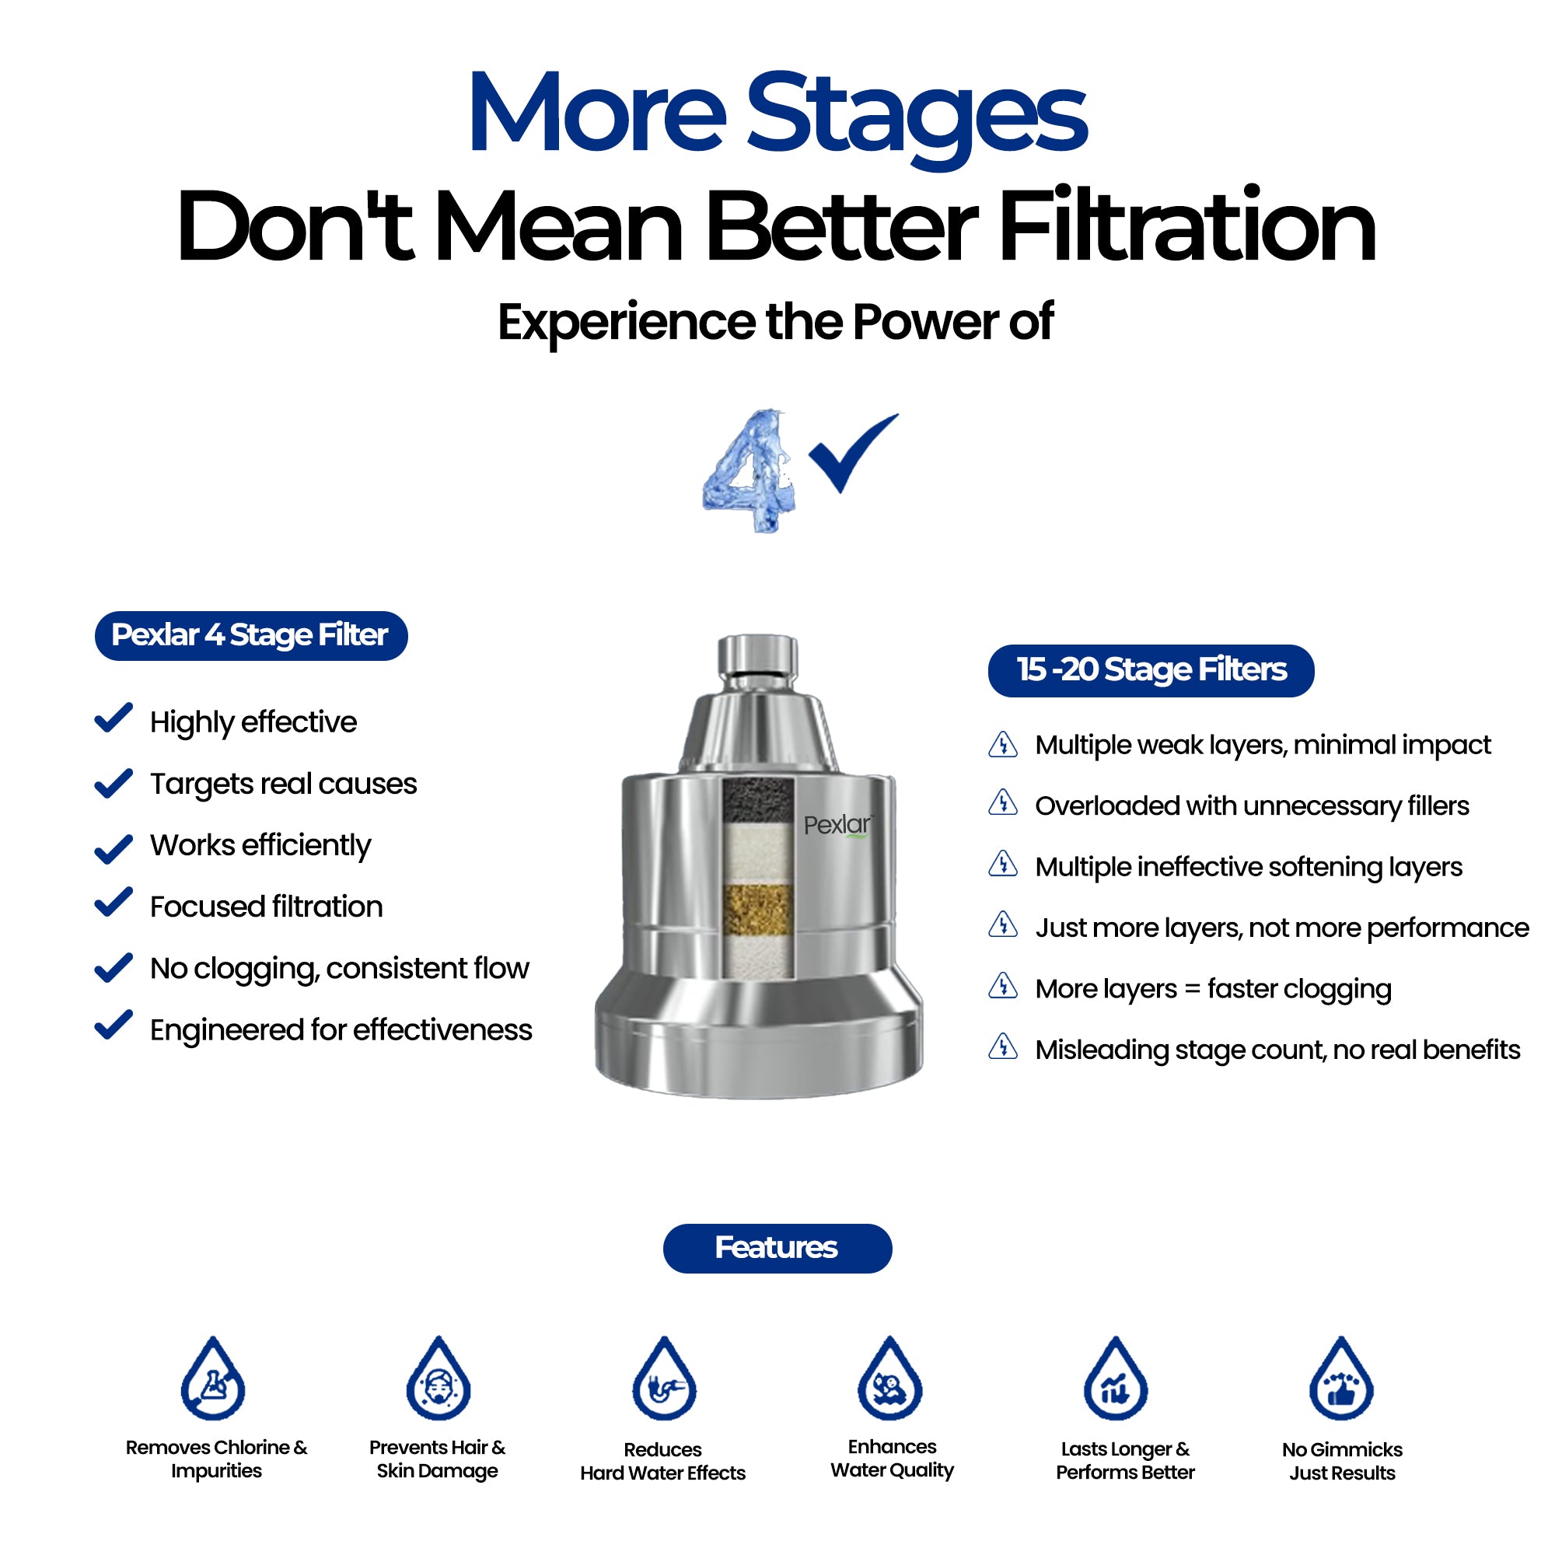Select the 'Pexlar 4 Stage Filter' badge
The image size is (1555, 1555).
click(251, 636)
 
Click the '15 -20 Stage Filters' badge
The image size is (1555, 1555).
click(1151, 670)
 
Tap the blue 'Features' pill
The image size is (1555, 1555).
click(777, 1249)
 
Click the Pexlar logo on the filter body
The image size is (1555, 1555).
click(838, 825)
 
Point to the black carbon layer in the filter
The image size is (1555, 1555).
click(757, 800)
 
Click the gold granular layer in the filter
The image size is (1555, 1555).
click(757, 910)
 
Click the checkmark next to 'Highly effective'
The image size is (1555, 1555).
click(114, 718)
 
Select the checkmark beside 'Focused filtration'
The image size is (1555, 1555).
click(114, 902)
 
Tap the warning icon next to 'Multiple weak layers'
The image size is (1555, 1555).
click(1003, 745)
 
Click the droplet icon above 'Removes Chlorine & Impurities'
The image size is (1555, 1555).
click(212, 1378)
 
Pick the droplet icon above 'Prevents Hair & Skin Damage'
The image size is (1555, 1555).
click(439, 1378)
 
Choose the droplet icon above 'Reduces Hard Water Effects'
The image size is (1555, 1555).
click(664, 1378)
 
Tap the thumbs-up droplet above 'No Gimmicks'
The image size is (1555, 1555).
click(1342, 1378)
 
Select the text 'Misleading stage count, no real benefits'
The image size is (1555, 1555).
click(1277, 1050)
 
